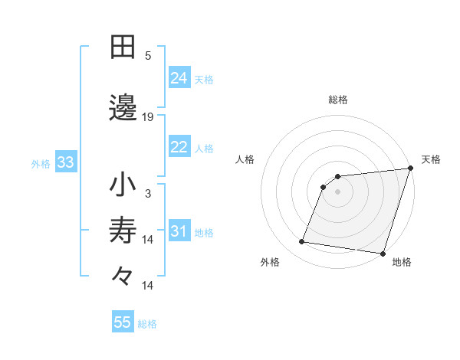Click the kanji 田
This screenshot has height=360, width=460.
[x=123, y=47]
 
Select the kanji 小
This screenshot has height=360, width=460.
[x=123, y=185]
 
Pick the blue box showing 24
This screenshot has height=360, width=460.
[x=179, y=78]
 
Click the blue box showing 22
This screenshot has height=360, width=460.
[x=179, y=147]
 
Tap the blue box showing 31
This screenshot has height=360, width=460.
[x=179, y=231]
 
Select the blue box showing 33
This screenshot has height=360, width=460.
[x=64, y=162]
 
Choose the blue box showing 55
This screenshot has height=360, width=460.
[x=123, y=322]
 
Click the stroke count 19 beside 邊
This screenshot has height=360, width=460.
[x=148, y=117]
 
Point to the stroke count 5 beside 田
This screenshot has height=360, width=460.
[x=148, y=56]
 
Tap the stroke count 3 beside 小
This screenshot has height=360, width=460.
[x=148, y=194]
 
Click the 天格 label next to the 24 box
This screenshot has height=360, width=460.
[x=204, y=79]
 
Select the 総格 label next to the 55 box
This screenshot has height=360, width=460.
[x=147, y=323]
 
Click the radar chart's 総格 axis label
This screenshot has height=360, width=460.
[x=337, y=100]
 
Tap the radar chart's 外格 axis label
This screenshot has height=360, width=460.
[x=270, y=262]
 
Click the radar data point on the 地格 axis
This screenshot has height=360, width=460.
[x=383, y=253]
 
